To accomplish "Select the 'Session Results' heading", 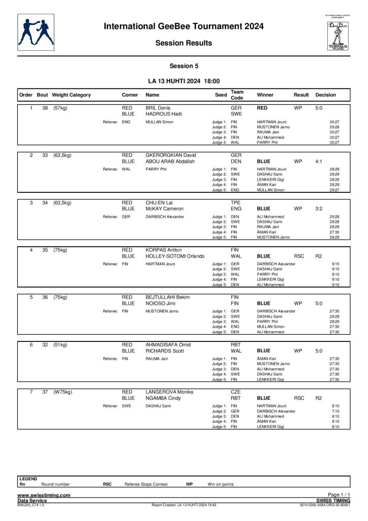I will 183,43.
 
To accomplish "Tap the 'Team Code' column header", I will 237,95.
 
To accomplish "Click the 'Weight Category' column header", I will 72,95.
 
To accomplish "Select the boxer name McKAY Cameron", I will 164,209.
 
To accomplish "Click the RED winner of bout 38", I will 262,109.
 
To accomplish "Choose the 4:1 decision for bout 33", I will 319,161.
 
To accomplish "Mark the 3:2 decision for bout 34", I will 319,209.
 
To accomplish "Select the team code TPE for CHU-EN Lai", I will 236,202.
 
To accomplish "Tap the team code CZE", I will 236,392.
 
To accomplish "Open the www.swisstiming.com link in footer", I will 44,495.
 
